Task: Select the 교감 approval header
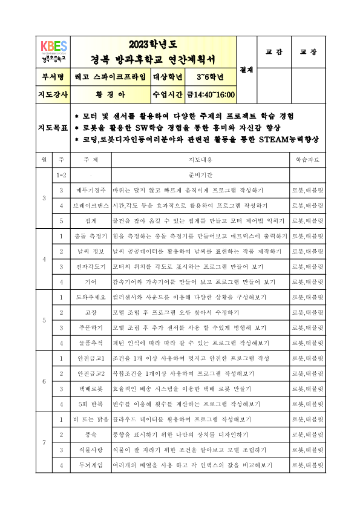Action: point(275,52)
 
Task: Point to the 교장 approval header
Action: point(309,52)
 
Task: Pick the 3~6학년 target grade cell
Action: point(210,77)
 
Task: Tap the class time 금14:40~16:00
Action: point(211,95)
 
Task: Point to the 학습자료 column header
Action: point(308,160)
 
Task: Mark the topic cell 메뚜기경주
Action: point(91,190)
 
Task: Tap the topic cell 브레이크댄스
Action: point(91,205)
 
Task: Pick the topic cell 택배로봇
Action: point(91,389)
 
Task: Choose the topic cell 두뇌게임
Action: point(91,465)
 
